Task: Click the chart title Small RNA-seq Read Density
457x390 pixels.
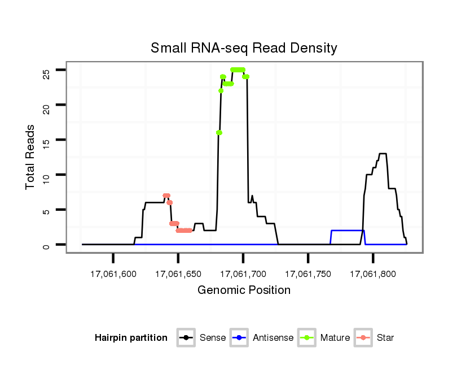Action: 244,48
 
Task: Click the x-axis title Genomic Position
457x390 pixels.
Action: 244,291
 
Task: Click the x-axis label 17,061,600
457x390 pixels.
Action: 113,274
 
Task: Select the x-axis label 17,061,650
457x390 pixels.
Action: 178,274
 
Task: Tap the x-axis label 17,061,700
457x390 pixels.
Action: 243,274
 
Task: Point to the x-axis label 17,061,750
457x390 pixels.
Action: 308,274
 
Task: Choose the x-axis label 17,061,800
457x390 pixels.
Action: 373,274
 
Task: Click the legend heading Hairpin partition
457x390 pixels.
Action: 131,338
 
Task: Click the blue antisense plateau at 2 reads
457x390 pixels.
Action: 348,231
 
